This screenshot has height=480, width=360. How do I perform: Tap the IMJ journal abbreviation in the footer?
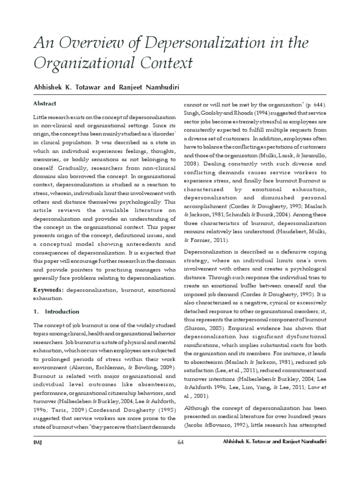(37, 442)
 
